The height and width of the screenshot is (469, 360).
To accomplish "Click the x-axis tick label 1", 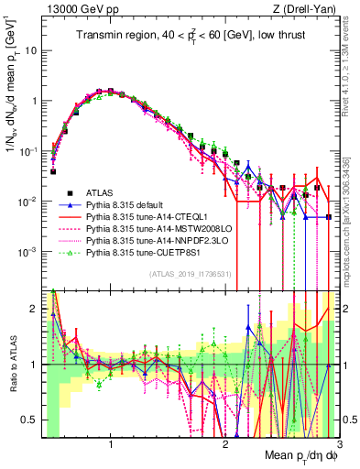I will [x=111, y=444].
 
